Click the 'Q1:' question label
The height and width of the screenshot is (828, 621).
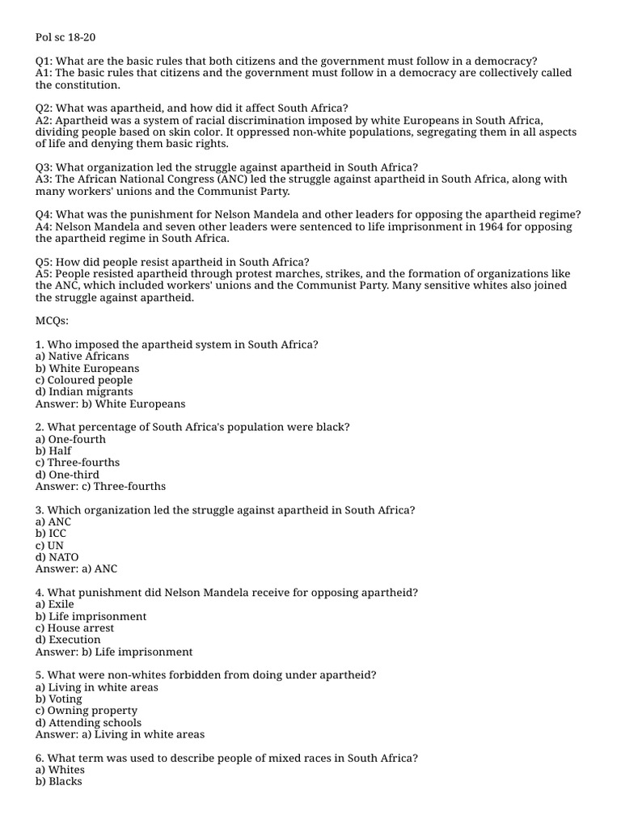45,61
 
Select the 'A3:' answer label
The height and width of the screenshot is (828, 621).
44,180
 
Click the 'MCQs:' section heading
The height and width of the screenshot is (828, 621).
53,321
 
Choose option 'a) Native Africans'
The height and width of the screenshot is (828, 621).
82,357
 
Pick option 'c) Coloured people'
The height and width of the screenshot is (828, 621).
84,380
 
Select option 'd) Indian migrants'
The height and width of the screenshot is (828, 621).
84,392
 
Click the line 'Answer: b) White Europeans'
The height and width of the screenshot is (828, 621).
110,403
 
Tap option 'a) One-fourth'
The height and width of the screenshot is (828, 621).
70,439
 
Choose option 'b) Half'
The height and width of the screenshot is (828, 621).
53,451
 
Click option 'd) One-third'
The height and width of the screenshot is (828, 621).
67,475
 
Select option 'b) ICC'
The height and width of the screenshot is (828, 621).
51,534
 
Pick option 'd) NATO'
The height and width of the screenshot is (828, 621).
57,557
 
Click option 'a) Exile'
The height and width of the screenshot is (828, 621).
54,604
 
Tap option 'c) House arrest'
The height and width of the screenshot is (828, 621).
74,628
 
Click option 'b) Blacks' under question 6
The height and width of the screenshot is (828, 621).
59,782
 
